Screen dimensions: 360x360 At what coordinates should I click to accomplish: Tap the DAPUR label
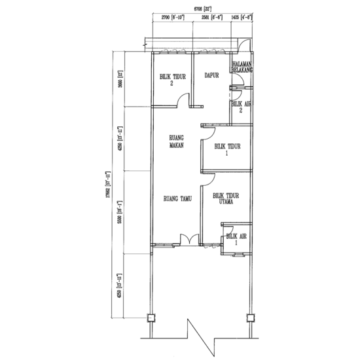pyautogui.click(x=209, y=75)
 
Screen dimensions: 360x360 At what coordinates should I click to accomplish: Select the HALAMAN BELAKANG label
pyautogui.click(x=242, y=65)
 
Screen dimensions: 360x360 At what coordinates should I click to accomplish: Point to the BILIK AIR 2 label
pyautogui.click(x=240, y=107)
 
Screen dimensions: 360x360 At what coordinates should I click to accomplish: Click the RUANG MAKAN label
pyautogui.click(x=175, y=142)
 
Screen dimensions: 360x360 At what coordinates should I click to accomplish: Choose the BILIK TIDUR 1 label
pyautogui.click(x=225, y=151)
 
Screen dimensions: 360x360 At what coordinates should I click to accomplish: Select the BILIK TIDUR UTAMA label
pyautogui.click(x=225, y=199)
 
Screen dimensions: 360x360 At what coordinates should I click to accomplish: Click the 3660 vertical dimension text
pyautogui.click(x=120, y=80)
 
